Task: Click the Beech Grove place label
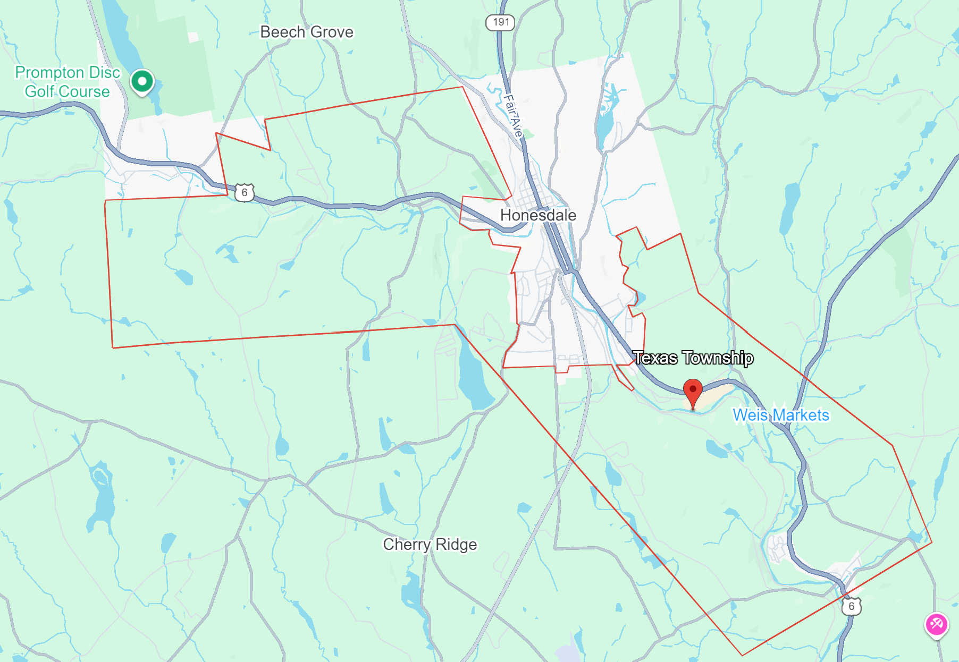coord(306,32)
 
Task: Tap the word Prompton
coord(49,72)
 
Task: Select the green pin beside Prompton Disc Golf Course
coord(142,82)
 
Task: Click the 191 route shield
coord(500,22)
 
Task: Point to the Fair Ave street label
coord(513,115)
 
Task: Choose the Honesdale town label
coord(538,215)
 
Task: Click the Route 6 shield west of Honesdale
coord(244,192)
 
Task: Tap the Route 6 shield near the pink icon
coord(851,606)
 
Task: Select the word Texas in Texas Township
coord(655,358)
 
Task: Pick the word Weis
coord(750,415)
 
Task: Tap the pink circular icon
coord(936,624)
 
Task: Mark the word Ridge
coord(456,545)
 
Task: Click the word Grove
coord(332,32)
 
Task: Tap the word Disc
coord(104,72)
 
